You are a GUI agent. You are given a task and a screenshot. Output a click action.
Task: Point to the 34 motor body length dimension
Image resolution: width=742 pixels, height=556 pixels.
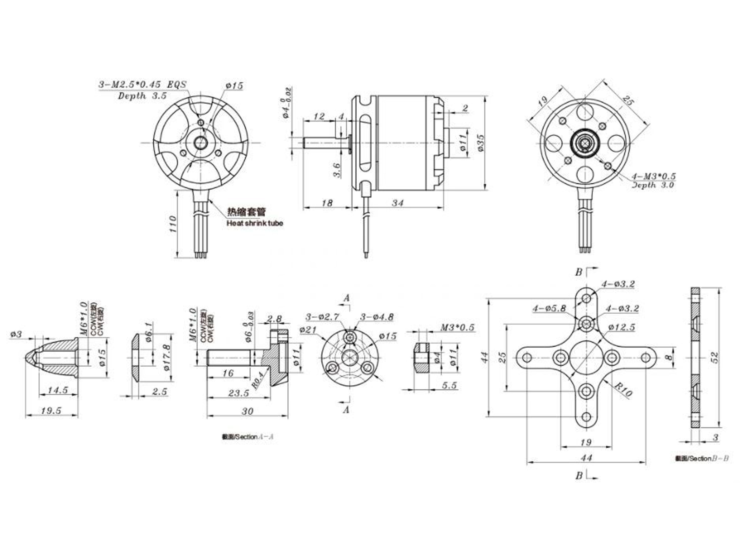(397, 203)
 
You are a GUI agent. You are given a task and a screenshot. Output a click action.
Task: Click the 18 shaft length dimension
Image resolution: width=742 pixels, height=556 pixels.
(327, 203)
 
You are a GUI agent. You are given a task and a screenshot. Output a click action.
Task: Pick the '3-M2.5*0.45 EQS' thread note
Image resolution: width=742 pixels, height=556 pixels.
(142, 85)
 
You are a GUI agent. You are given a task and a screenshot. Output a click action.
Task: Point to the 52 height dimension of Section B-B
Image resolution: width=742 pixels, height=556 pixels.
(715, 357)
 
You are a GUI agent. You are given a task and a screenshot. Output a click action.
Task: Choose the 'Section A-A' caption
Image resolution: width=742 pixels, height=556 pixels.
(248, 437)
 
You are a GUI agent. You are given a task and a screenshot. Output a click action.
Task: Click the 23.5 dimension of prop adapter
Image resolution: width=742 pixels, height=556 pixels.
(238, 393)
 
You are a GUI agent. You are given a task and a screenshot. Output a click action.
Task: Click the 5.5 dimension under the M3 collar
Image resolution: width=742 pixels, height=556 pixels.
(449, 385)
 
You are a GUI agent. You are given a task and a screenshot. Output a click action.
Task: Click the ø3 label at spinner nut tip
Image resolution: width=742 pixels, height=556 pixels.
(16, 334)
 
